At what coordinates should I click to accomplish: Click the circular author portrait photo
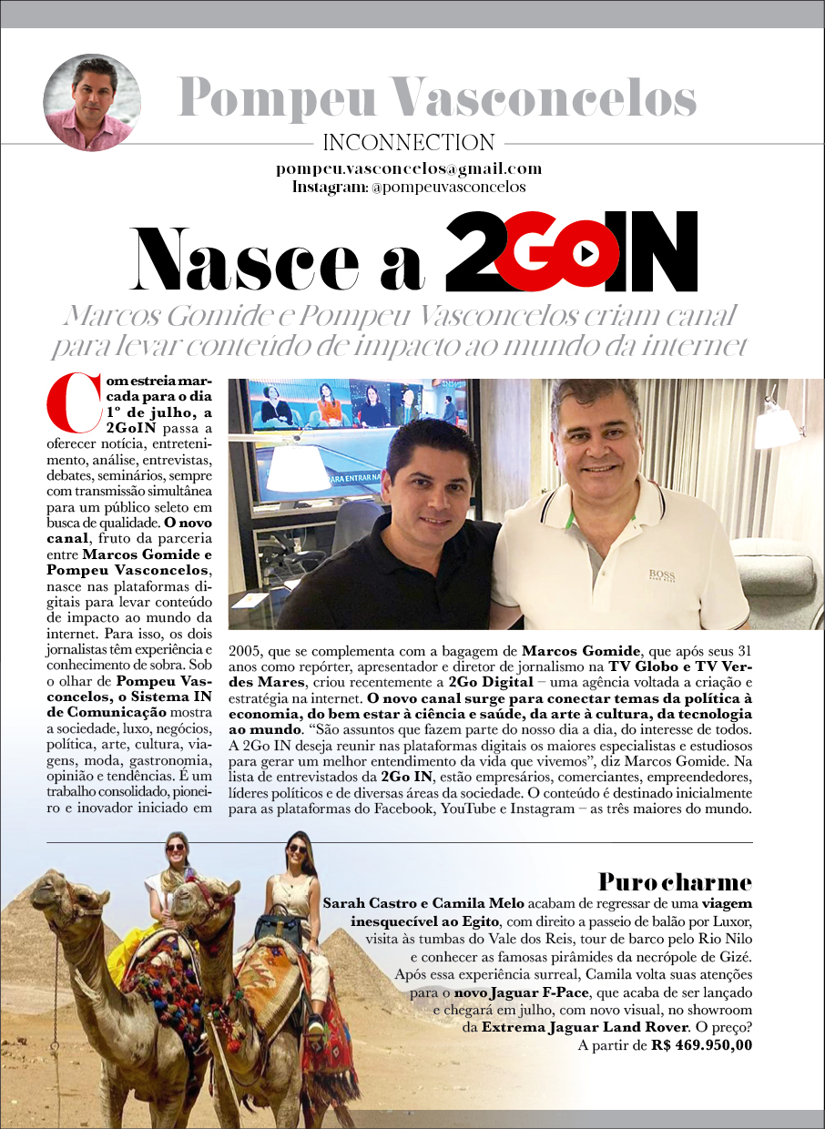coord(92,102)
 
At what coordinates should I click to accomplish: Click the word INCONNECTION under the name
coord(408,142)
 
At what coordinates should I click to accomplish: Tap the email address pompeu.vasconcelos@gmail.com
coord(409,168)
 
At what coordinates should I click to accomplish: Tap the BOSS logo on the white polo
coord(661,575)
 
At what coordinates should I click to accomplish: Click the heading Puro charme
coord(675,881)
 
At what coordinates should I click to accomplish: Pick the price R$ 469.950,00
coord(702,1045)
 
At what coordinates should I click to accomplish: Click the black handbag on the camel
coord(278,925)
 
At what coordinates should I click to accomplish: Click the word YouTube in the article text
coord(473,809)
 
